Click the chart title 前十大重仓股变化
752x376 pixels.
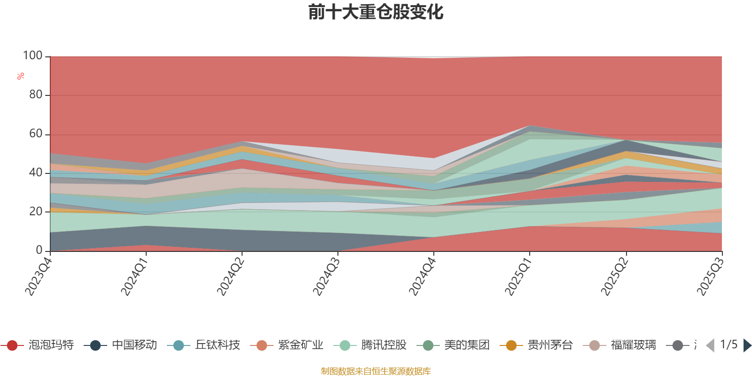[376, 12]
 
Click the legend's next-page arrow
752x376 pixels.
[747, 345]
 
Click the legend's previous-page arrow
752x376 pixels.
[710, 345]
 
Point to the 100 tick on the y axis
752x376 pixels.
[32, 56]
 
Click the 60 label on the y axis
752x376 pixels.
[35, 134]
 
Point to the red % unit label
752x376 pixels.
[21, 76]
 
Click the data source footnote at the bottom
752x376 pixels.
[376, 371]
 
